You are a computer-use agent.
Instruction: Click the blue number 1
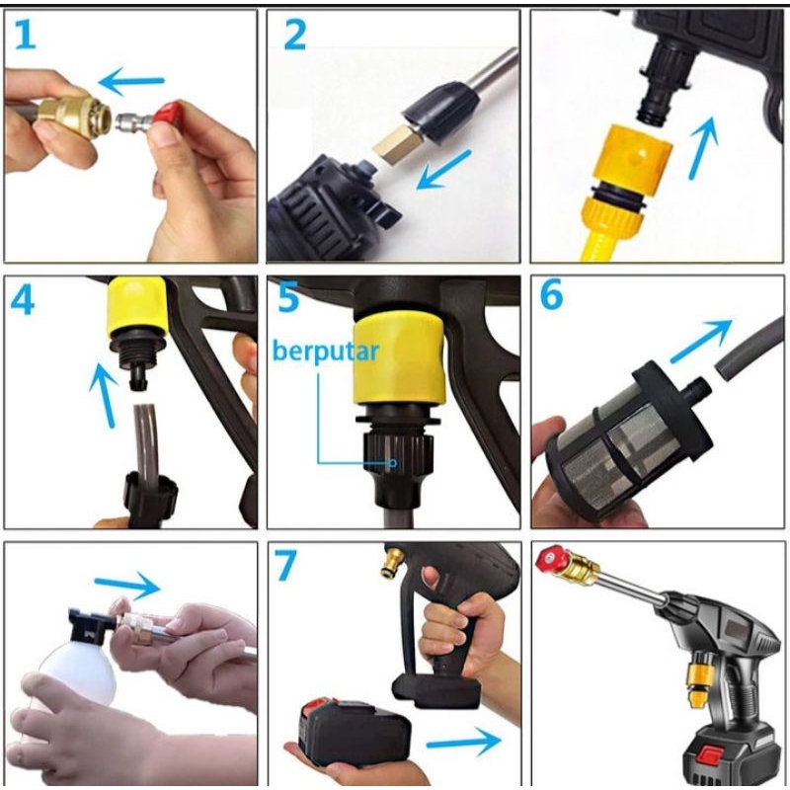26,35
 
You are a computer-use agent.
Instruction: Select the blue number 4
23,300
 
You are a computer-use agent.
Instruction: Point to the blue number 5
288,297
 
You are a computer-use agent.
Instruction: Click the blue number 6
551,294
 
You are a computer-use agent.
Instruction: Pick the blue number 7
285,565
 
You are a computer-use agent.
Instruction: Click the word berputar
326,351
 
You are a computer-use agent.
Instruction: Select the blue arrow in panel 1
131,81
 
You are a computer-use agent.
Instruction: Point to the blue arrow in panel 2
443,170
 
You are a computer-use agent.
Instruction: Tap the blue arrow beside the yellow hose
703,147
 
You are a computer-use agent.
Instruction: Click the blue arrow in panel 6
701,340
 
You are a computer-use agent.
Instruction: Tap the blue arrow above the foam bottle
127,586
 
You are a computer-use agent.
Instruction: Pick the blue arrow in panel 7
464,741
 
